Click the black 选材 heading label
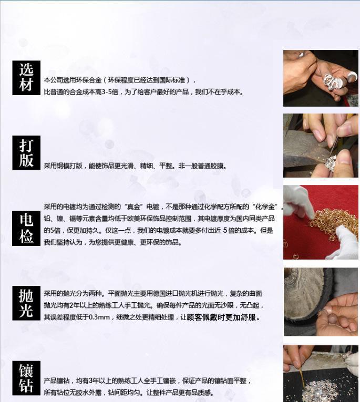[x=26, y=78]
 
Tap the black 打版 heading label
[x=26, y=153]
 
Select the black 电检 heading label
[x=26, y=228]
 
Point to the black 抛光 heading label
[x=26, y=303]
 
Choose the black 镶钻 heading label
[x=26, y=378]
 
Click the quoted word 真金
[x=133, y=207]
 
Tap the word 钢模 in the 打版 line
[x=63, y=166]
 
